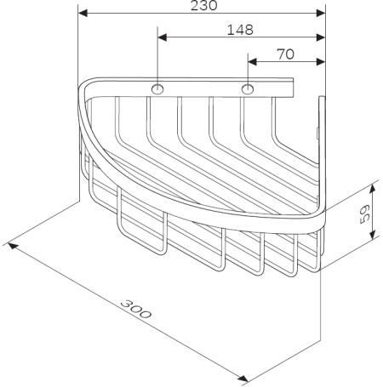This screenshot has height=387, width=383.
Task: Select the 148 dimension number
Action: point(242,29)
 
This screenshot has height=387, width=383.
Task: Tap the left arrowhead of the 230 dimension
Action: point(83,14)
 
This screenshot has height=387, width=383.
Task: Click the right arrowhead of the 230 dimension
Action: point(321,14)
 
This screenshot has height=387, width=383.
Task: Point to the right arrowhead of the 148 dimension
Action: point(321,37)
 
